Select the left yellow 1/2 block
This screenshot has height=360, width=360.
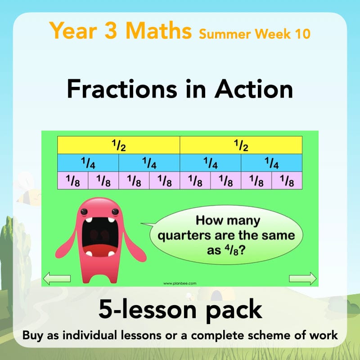(x=119, y=145)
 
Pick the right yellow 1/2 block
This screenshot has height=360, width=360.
(x=241, y=145)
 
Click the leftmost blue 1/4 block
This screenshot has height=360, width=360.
(x=88, y=163)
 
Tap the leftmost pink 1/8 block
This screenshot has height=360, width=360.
(x=73, y=180)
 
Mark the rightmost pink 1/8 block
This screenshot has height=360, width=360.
(x=287, y=180)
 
